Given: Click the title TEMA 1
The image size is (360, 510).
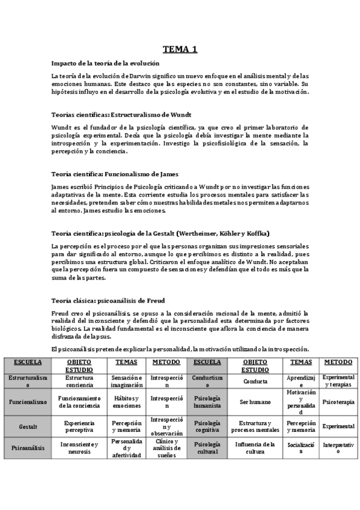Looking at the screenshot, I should pyautogui.click(x=180, y=49).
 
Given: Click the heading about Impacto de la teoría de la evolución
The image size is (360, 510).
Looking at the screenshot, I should pyautogui.click(x=105, y=63).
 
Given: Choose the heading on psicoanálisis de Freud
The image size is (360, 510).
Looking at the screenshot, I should pyautogui.click(x=108, y=300).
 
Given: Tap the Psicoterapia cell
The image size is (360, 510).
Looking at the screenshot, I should pyautogui.click(x=338, y=402).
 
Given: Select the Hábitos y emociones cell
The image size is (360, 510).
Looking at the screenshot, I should pyautogui.click(x=127, y=402).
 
